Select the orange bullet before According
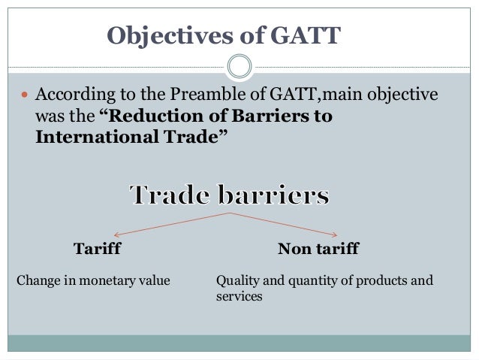(20, 97)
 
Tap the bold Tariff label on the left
(97, 248)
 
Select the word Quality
(235, 282)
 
